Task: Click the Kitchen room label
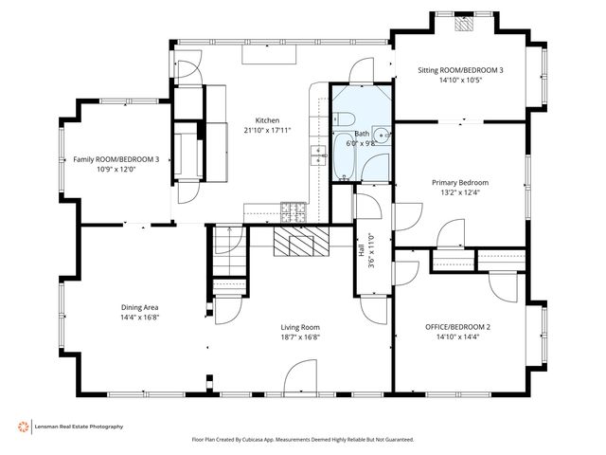[267, 120]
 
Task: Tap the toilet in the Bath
[344, 118]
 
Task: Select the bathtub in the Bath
[344, 156]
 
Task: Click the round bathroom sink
[382, 136]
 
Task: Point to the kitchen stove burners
[294, 212]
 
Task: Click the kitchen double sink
[319, 155]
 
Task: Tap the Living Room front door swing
[301, 375]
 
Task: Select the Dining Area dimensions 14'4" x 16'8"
[140, 318]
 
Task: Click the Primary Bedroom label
[460, 183]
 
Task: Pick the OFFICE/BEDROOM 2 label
[457, 327]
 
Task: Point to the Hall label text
[362, 250]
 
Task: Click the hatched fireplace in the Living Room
[301, 241]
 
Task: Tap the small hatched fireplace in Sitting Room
[464, 24]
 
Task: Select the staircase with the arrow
[229, 251]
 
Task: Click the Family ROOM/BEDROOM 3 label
[116, 159]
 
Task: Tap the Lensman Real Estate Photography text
[79, 427]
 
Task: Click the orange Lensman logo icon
[23, 427]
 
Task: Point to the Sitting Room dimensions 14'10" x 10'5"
[460, 80]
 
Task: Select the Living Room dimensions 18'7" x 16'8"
[300, 337]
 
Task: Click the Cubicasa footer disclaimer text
[303, 440]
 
